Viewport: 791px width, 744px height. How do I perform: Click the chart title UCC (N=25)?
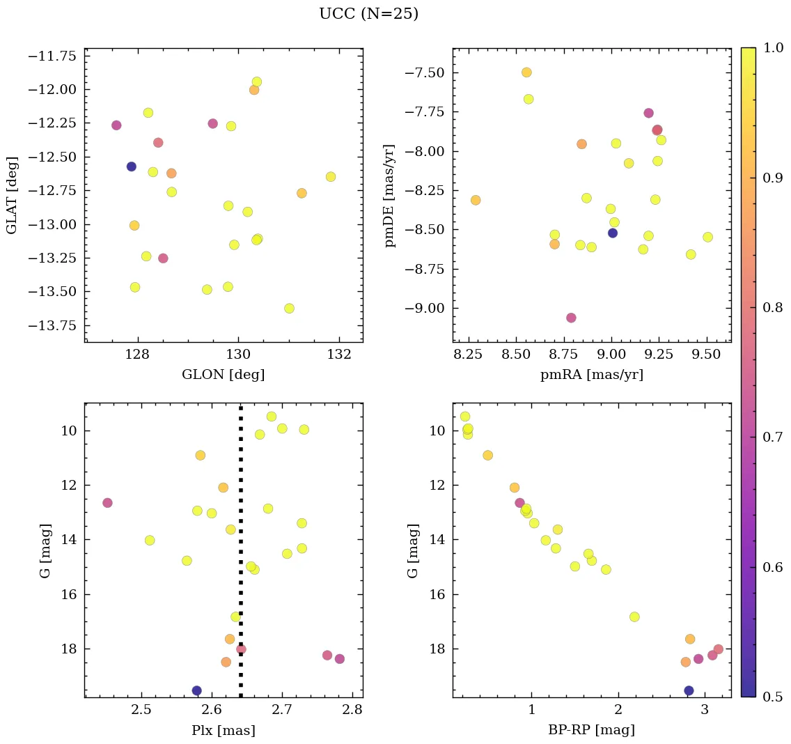coord(368,14)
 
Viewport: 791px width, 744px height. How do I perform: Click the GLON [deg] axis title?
coord(223,375)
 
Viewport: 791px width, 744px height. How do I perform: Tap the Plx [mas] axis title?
coord(223,730)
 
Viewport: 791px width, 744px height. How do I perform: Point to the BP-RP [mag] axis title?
coord(591,730)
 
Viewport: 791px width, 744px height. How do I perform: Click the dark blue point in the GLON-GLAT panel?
coord(132,166)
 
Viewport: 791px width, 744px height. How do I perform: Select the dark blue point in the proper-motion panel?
coord(613,233)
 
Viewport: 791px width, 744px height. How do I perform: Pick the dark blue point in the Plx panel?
coord(197,690)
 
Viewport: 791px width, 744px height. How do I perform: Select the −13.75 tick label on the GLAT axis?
coord(51,325)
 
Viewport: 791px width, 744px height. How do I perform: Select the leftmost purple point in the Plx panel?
coord(107,503)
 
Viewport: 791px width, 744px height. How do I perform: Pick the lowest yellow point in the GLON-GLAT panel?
coord(289,309)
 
